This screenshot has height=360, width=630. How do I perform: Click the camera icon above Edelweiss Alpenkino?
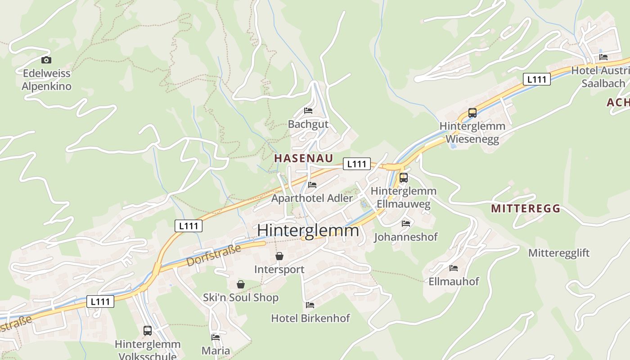46,60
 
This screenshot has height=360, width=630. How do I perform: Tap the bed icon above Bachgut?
308,111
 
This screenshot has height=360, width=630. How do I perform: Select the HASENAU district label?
304,158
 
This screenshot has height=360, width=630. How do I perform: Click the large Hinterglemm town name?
308,230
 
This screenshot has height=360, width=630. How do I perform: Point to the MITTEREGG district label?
526,208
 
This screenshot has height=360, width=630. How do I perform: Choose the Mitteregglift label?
559,252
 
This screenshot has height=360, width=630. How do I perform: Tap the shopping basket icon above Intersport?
279,256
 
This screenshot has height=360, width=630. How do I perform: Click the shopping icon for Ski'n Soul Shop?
241,284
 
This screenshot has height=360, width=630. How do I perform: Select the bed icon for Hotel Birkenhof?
310,305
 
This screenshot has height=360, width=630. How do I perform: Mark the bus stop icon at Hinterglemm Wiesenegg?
472,113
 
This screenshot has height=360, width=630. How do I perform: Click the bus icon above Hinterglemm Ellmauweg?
403,178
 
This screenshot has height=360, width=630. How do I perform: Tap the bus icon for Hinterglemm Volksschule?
148,331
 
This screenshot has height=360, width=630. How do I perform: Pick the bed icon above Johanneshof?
406,224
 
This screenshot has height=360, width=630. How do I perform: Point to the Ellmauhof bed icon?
454,268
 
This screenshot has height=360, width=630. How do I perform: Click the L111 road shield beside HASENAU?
357,164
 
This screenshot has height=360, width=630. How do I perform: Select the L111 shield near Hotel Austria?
537,80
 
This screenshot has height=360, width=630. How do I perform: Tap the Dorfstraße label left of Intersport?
214,255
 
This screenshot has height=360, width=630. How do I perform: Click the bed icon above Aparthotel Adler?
312,185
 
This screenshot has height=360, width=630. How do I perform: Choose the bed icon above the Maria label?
216,337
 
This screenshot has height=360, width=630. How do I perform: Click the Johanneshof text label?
406,237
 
